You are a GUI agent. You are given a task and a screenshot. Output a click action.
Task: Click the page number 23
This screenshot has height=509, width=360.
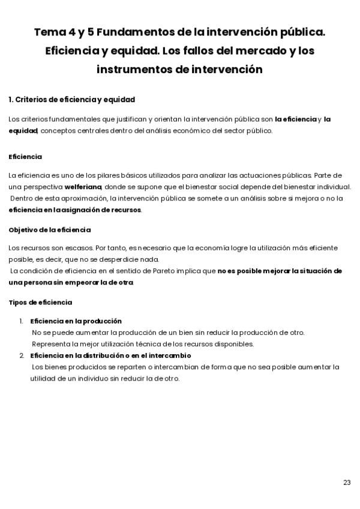(x=347, y=483)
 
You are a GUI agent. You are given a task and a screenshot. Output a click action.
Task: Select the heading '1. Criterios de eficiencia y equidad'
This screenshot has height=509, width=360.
(x=71, y=99)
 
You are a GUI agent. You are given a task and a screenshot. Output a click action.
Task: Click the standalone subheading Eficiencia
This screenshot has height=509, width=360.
(x=25, y=157)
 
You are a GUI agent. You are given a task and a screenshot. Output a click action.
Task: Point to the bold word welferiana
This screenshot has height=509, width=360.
(x=83, y=186)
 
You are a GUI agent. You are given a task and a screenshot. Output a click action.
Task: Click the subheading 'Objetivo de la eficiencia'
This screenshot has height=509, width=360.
(x=50, y=229)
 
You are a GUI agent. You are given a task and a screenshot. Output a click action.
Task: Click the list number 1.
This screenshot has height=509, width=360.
(x=21, y=321)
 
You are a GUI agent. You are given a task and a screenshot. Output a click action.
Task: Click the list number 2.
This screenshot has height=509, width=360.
(x=21, y=355)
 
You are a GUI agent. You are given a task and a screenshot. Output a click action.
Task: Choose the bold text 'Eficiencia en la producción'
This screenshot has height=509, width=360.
(x=76, y=321)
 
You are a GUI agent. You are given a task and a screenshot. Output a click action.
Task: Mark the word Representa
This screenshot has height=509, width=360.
(x=52, y=344)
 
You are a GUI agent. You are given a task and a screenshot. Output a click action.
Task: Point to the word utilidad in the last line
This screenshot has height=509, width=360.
(x=41, y=378)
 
